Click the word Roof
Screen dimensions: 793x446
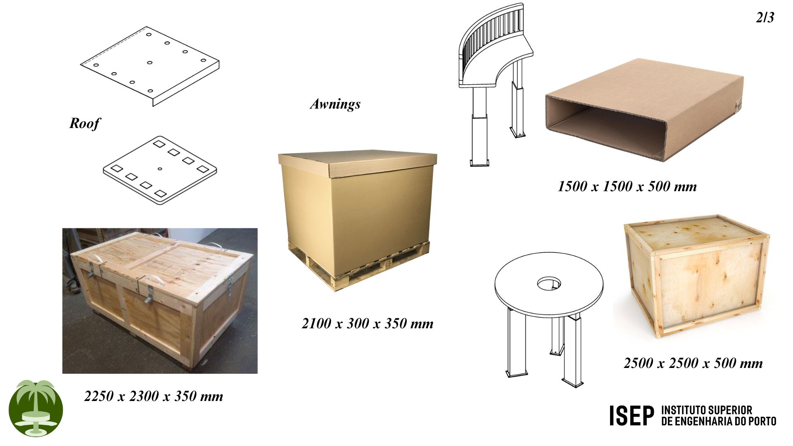[x=85, y=123]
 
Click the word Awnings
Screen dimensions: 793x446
[x=335, y=104]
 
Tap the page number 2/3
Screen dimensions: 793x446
[x=765, y=17]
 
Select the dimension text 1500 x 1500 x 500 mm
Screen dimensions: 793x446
[x=627, y=186]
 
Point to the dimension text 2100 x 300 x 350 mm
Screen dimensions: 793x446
[x=368, y=323]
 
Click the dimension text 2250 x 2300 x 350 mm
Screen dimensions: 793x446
[x=154, y=396]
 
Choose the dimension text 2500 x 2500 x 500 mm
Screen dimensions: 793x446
[x=693, y=363]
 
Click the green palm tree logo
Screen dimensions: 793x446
[x=36, y=408]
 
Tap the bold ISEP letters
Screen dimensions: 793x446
[x=632, y=415]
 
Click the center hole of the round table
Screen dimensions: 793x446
[x=549, y=284]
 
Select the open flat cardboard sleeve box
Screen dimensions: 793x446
[x=644, y=109]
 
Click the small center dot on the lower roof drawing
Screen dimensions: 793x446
[x=160, y=168]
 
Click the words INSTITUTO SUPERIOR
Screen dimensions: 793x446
[x=707, y=410]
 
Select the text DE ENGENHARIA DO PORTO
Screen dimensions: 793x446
[x=719, y=421]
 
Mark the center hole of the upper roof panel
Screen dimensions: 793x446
[x=150, y=63]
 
